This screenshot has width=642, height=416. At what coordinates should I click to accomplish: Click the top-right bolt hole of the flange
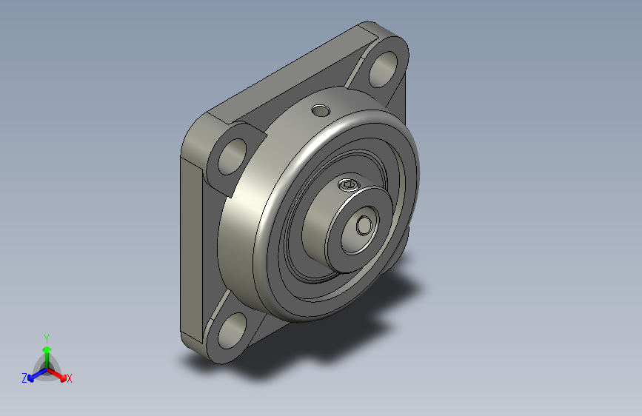point(384,69)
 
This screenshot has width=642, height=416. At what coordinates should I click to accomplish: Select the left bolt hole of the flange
point(233,156)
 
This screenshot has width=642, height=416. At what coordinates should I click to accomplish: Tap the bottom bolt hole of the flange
point(233,331)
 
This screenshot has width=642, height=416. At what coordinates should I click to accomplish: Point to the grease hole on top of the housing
point(321,110)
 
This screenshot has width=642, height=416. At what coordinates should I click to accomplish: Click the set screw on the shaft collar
point(349,186)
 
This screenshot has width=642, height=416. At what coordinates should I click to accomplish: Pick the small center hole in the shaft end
point(364,226)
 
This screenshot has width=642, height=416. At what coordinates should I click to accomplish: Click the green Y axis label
point(47,339)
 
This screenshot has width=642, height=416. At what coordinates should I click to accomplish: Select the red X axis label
point(69,378)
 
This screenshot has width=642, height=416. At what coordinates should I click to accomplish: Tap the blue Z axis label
point(24,378)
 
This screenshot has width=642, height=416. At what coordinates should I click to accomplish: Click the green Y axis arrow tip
point(47,349)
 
